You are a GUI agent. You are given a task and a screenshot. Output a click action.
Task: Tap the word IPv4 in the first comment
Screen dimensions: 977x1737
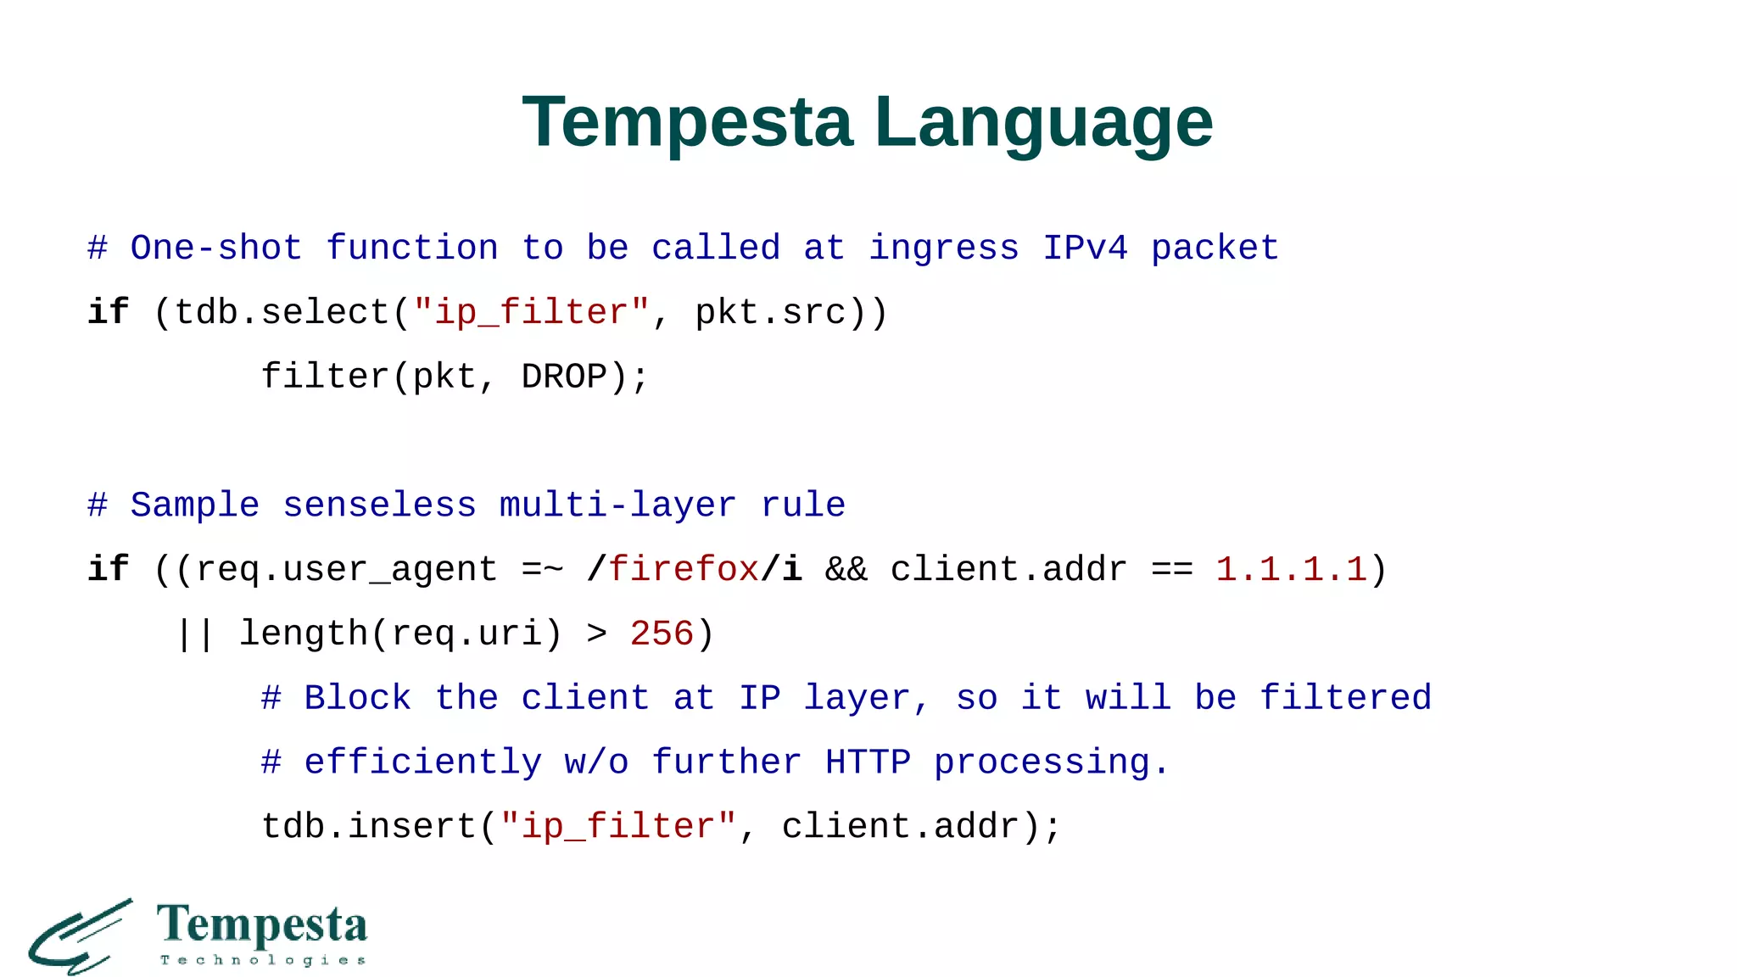[x=1086, y=248]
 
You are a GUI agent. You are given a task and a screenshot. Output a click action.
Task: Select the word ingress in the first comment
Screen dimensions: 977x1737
[x=944, y=248]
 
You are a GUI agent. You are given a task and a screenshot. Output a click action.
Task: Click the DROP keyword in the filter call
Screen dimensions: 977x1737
[x=564, y=377]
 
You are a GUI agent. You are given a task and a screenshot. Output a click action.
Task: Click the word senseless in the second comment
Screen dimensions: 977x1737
[x=379, y=505]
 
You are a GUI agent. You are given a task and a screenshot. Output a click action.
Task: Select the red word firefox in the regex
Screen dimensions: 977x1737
[x=684, y=569]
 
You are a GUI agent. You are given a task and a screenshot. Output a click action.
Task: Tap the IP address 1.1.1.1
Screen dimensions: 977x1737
[x=1291, y=569]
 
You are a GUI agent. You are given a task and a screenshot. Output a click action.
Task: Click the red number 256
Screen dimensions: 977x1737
[x=662, y=634]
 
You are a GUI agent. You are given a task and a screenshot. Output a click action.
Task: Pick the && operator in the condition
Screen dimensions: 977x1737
[x=846, y=569]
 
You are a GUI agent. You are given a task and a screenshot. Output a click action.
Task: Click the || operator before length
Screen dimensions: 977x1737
[x=195, y=634]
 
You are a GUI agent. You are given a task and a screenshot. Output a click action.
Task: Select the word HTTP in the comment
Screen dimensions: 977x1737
[x=868, y=762]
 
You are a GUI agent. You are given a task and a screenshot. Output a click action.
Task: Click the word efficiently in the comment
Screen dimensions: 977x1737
[x=422, y=762]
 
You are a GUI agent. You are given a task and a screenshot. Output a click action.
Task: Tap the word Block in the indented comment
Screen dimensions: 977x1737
[x=357, y=698]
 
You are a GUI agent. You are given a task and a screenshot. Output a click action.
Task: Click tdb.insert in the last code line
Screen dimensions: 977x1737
[x=368, y=827]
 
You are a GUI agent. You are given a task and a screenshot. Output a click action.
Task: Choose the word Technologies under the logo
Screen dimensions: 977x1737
[x=263, y=960]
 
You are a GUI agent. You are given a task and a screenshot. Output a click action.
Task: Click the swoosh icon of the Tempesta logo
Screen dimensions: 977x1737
[x=81, y=937]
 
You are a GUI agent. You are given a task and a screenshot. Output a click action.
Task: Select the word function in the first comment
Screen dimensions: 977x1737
[x=412, y=248]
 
